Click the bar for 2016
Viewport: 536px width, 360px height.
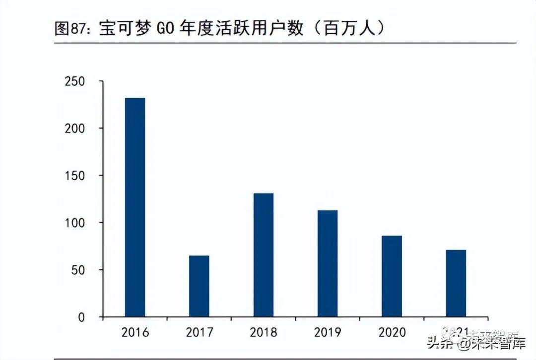(x=135, y=207)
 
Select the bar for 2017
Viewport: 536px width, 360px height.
(x=199, y=286)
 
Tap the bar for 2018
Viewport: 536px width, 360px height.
(x=263, y=255)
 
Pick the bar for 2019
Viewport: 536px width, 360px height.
(x=328, y=263)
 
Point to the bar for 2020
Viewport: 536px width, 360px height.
(x=392, y=276)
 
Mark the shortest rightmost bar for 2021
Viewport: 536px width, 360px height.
(x=456, y=283)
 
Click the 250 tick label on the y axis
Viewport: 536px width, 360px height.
(x=75, y=81)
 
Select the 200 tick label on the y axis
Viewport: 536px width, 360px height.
(x=75, y=128)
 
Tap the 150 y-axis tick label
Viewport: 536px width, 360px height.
(x=75, y=176)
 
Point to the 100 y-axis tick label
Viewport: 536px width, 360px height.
(x=75, y=223)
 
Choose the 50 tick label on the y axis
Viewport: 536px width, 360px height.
(x=78, y=270)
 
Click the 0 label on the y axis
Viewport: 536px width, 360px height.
(x=81, y=317)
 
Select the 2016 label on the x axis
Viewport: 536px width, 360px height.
(x=135, y=332)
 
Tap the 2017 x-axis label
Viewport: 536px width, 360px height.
(x=199, y=332)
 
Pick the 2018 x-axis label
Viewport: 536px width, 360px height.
(x=263, y=332)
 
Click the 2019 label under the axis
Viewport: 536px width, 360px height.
(x=328, y=332)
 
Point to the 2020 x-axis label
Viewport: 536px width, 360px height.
(x=392, y=332)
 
